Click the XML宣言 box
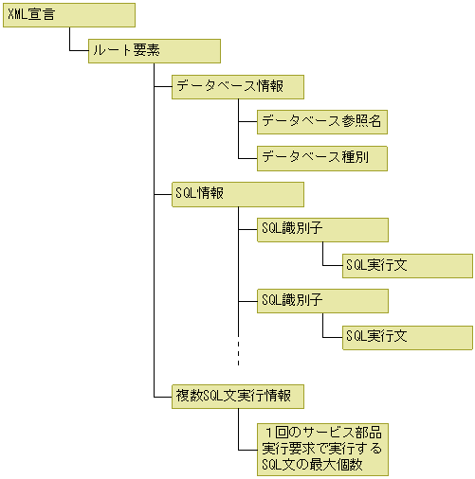[x=68, y=14]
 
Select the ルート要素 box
[x=154, y=50]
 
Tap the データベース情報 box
[x=237, y=86]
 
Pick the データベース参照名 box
[x=322, y=121]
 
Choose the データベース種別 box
[x=322, y=157]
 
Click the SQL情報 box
[x=237, y=193]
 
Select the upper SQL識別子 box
[x=322, y=229]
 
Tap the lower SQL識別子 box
[x=322, y=300]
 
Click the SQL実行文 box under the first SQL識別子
[x=407, y=265]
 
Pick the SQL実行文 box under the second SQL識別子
[x=407, y=336]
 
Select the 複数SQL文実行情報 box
[x=237, y=395]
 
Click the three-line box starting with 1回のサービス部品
[x=322, y=448]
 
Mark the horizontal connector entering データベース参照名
[x=247, y=121]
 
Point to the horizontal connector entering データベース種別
[x=247, y=157]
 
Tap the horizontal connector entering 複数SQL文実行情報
[x=162, y=395]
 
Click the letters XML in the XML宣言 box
[x=19, y=14]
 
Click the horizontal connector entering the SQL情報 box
[x=162, y=193]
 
